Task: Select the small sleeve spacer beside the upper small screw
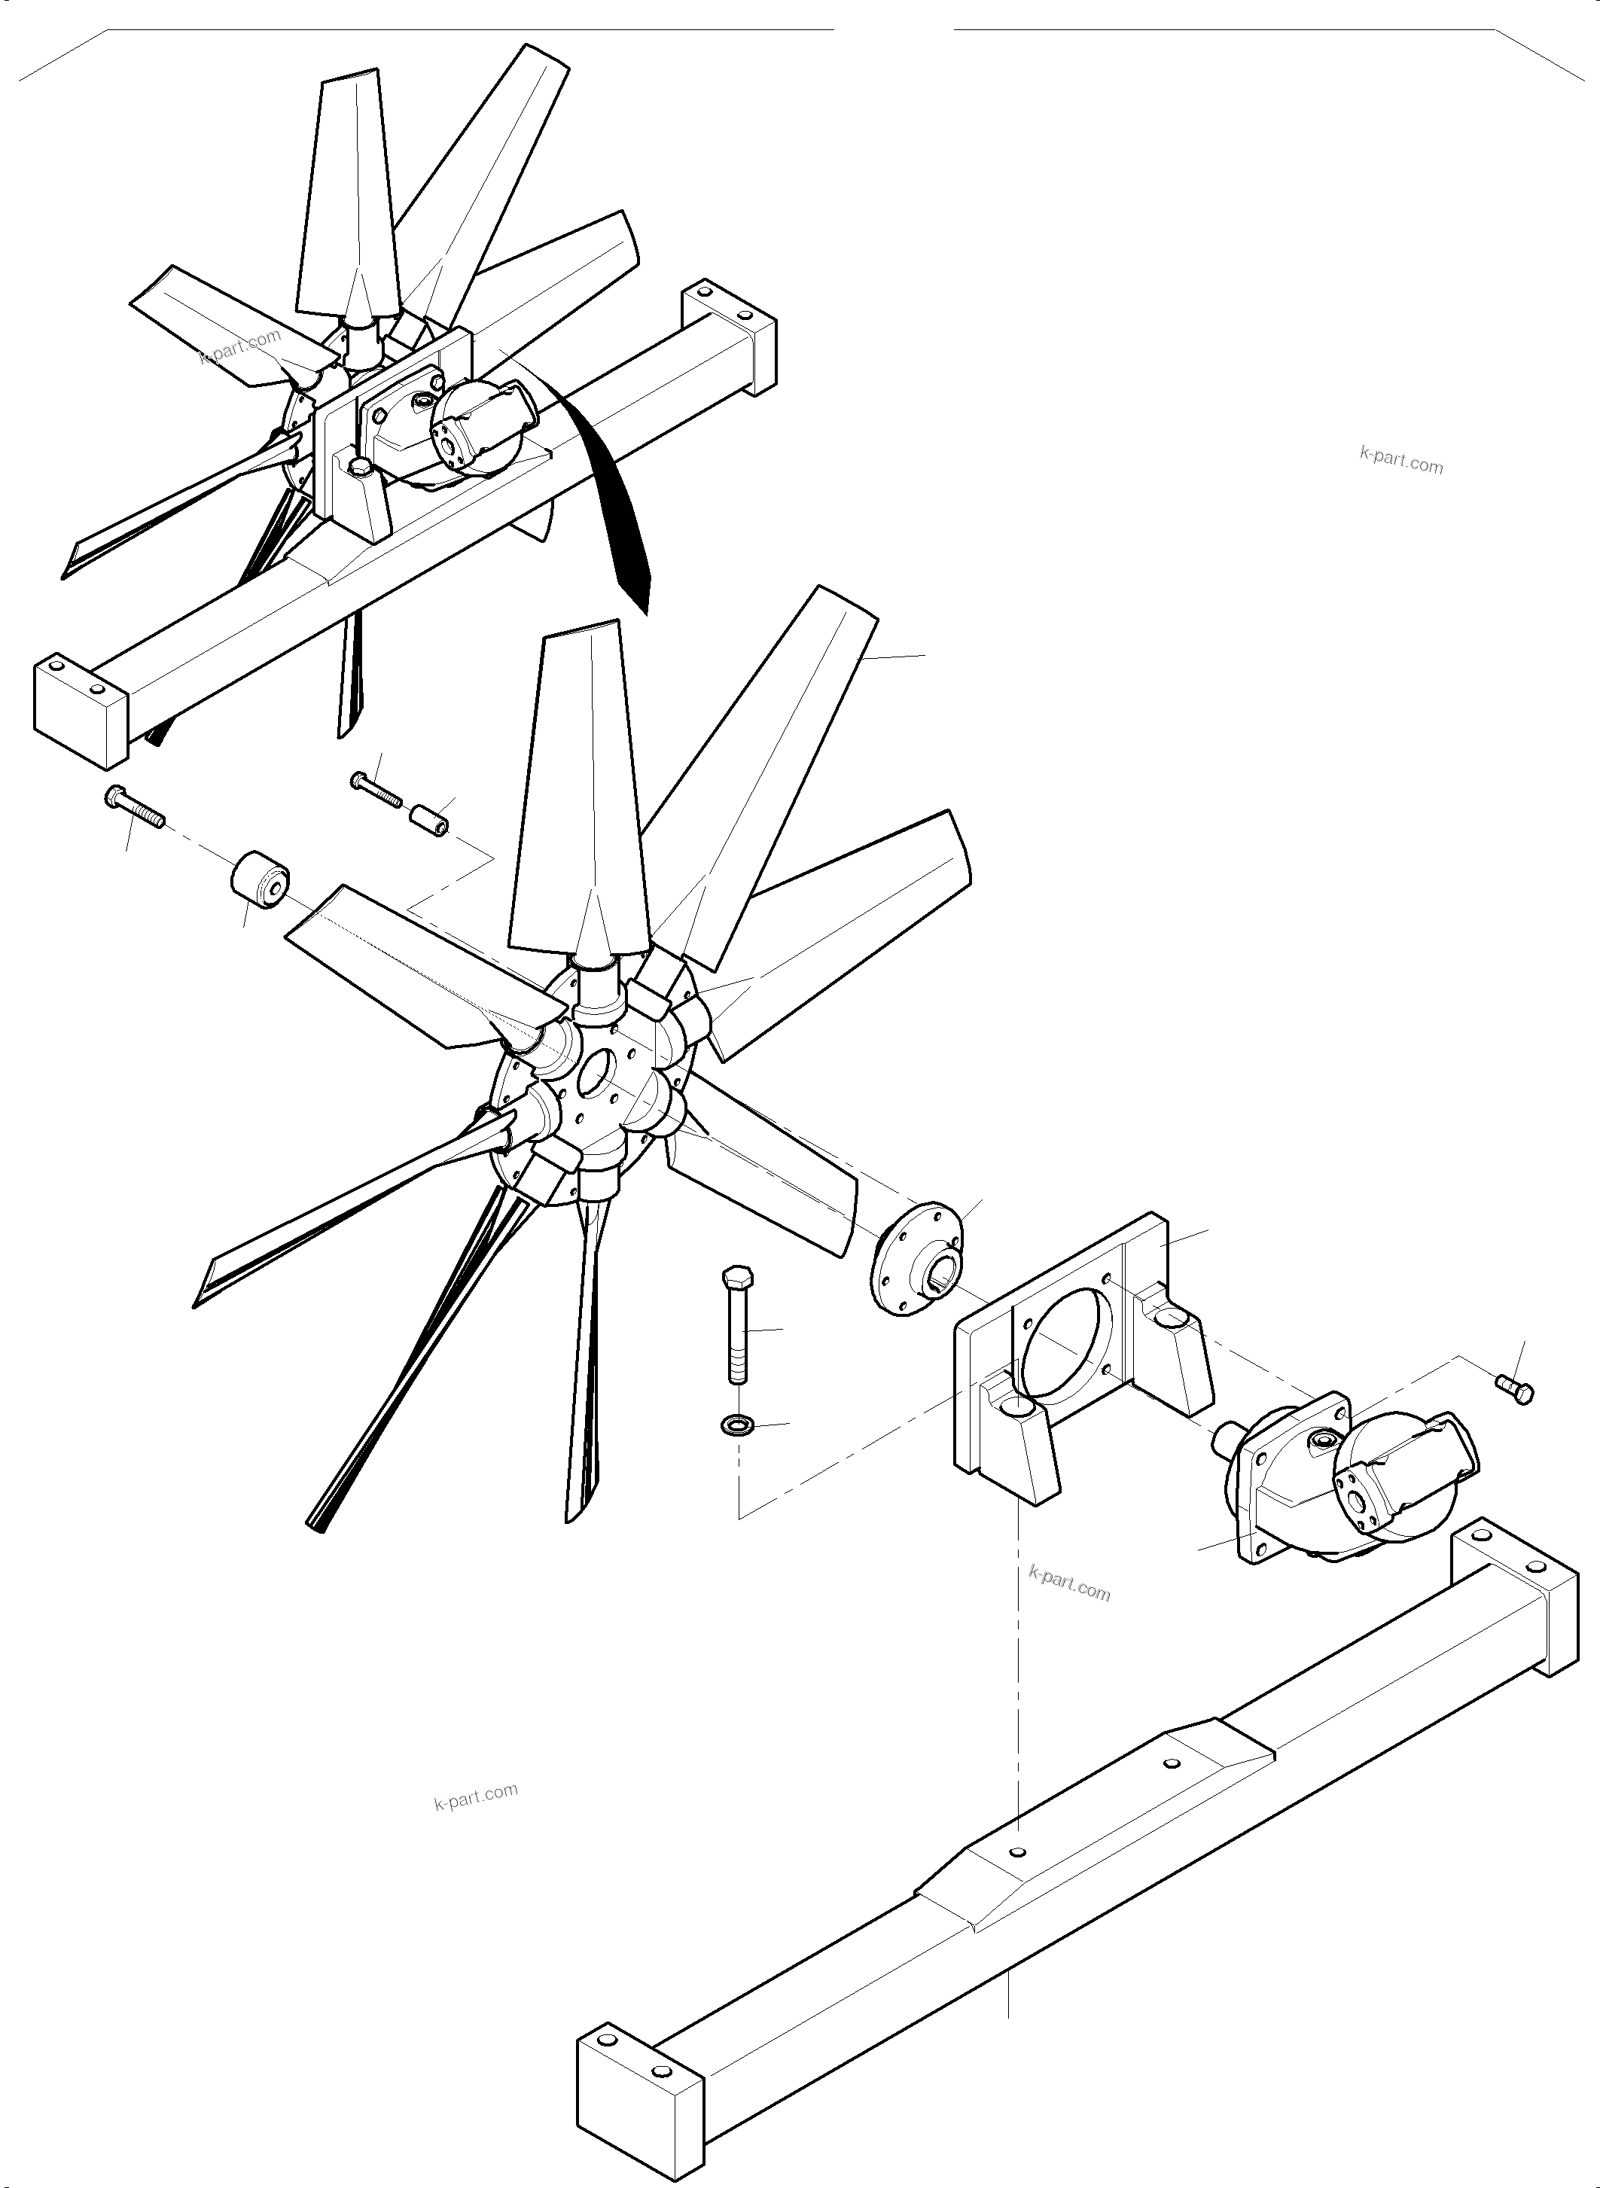tap(431, 819)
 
